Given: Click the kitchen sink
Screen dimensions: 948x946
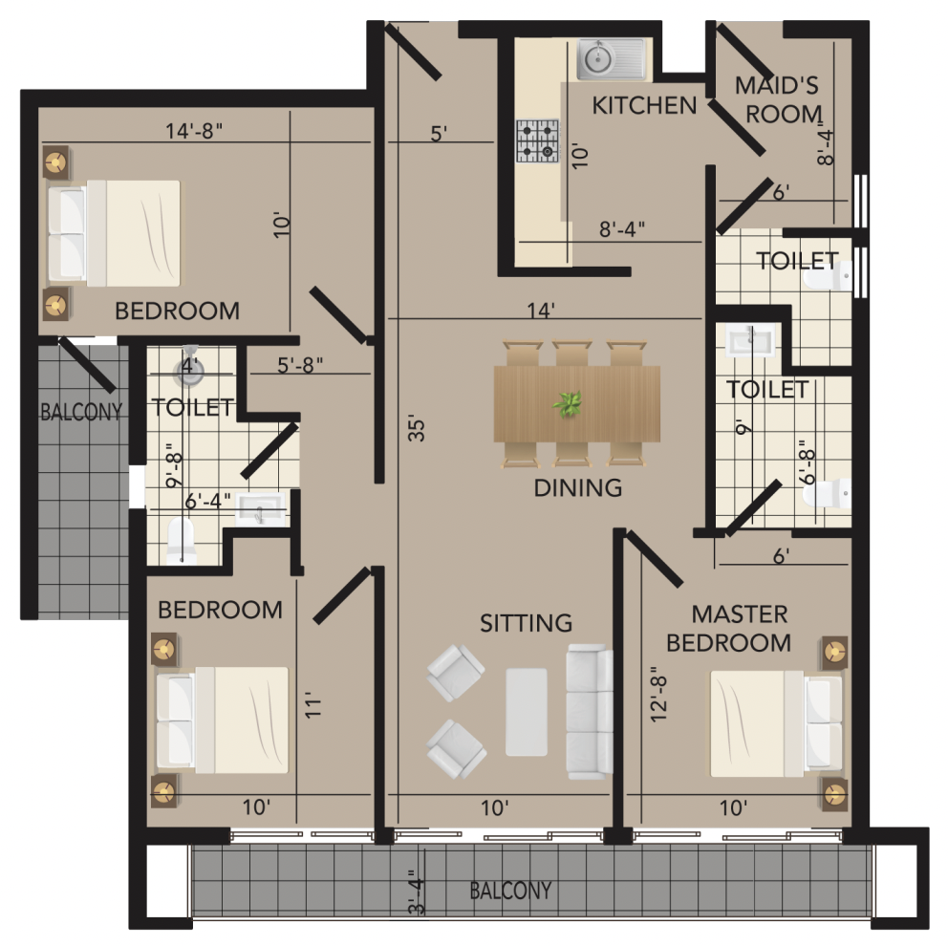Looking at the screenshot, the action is click(x=612, y=59).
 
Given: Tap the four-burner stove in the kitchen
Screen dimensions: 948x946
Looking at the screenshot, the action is click(x=537, y=141).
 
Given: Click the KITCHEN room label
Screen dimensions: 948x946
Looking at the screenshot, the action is click(x=644, y=106).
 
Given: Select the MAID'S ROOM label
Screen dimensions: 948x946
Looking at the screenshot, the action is click(x=780, y=99).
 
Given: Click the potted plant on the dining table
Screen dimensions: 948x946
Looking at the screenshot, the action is click(x=567, y=403).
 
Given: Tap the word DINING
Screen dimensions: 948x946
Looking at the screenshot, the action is click(x=578, y=487).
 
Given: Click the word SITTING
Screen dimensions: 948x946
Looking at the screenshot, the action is click(x=526, y=623).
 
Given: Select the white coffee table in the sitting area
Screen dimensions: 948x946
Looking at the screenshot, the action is click(x=527, y=712).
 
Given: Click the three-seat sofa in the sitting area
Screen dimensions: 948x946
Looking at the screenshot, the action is click(x=590, y=712).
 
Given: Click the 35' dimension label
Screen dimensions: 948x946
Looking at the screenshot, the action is click(x=417, y=428).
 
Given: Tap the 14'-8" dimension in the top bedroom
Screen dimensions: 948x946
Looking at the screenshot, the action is click(x=194, y=131).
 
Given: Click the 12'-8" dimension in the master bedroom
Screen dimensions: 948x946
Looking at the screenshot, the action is click(x=658, y=694).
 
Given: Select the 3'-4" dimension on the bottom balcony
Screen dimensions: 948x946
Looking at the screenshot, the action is click(x=417, y=892).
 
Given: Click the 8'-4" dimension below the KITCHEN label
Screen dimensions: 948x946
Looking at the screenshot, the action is click(x=622, y=229).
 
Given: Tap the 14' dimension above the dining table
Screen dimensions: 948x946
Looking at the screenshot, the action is click(x=541, y=311).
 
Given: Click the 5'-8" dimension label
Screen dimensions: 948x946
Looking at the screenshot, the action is click(x=300, y=365).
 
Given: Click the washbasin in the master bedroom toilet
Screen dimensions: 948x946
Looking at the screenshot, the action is click(x=750, y=340).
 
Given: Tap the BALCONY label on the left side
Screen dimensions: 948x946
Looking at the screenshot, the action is click(x=81, y=412).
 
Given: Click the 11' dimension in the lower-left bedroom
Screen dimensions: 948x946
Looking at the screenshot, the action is click(x=312, y=705).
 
